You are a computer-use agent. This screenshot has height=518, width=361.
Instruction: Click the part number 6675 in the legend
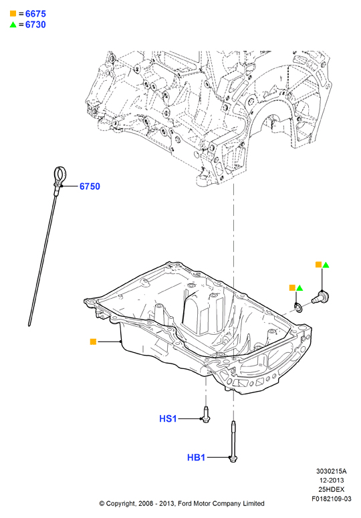35,14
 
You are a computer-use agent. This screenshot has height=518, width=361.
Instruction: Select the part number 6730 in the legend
35,25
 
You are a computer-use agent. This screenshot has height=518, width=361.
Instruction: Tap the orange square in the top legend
13,13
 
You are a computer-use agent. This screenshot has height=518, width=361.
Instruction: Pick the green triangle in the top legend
13,25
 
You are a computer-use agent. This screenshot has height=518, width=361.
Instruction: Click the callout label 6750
90,186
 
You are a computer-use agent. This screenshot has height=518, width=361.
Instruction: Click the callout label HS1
168,419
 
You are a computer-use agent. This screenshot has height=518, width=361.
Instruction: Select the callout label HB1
196,458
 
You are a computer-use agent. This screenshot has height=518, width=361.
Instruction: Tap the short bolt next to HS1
206,414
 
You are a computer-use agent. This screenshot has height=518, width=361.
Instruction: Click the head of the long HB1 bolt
233,459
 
